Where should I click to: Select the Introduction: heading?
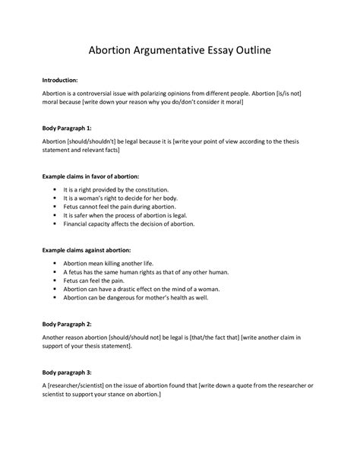(x=65, y=78)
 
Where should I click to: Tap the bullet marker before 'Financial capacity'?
(x=55, y=224)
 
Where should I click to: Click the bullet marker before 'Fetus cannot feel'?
(x=55, y=206)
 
